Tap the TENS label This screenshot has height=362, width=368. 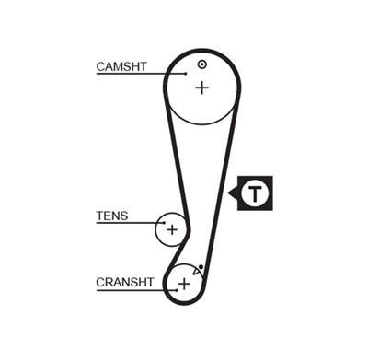(x=112, y=217)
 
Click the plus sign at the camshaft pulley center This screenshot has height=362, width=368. (x=201, y=88)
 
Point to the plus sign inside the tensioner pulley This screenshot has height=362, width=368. (x=171, y=228)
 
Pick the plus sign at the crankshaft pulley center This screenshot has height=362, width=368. (x=183, y=284)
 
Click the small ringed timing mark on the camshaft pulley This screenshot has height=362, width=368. (x=201, y=64)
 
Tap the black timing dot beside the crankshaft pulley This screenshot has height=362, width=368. (x=201, y=266)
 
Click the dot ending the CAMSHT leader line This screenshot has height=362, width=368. (x=171, y=74)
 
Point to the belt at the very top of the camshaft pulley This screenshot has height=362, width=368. (x=201, y=50)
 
